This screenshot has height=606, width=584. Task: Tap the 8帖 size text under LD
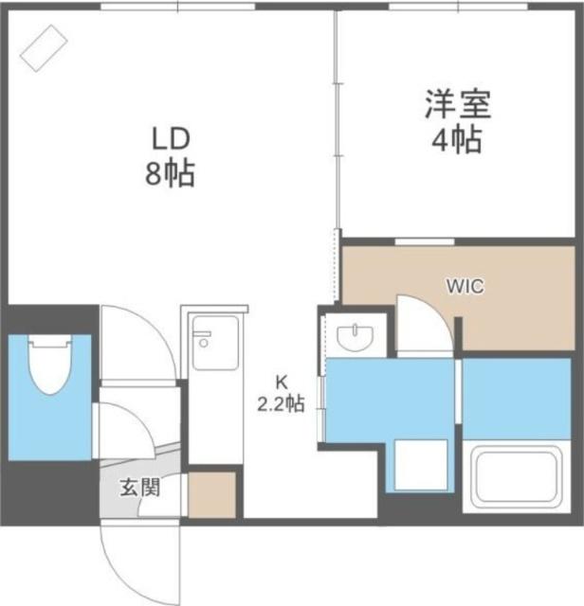pyautogui.click(x=171, y=175)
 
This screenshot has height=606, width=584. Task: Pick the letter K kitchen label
pyautogui.click(x=281, y=383)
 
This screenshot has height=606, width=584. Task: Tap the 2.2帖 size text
pyautogui.click(x=281, y=404)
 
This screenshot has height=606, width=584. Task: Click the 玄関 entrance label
pyautogui.click(x=138, y=489)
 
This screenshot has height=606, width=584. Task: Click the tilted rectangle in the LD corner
pyautogui.click(x=45, y=47)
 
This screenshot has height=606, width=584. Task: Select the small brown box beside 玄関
pyautogui.click(x=211, y=494)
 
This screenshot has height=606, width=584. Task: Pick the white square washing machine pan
pyautogui.click(x=422, y=465)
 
